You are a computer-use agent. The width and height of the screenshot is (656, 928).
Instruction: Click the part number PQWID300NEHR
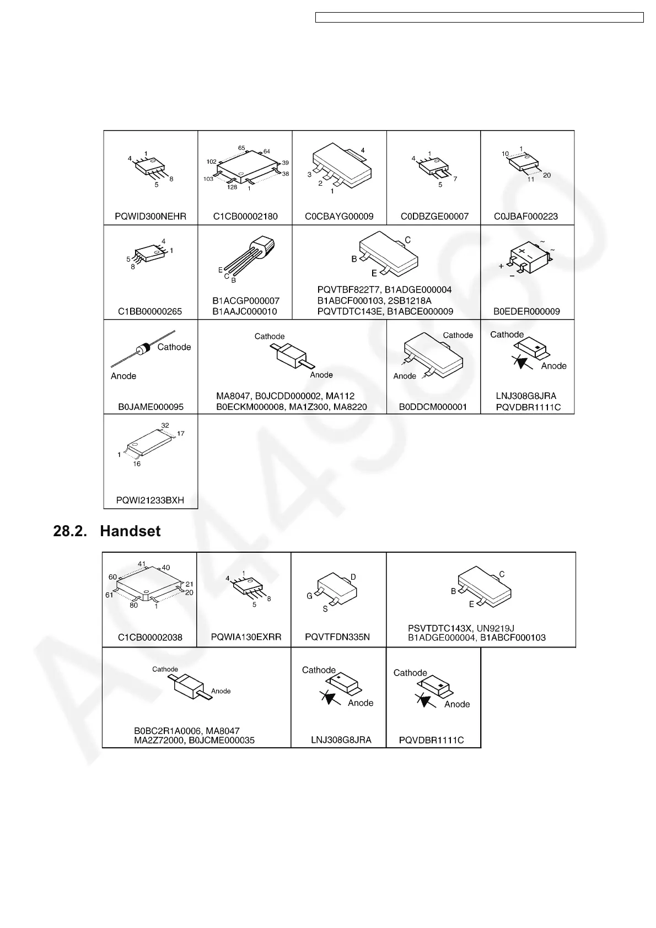(x=150, y=217)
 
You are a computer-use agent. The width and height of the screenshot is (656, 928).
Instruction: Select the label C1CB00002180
(x=245, y=217)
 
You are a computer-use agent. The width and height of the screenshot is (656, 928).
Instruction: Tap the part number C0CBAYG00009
(x=339, y=217)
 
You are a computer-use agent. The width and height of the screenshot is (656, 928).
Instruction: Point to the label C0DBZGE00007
(x=434, y=217)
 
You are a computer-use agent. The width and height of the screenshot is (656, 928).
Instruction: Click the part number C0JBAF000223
(x=528, y=217)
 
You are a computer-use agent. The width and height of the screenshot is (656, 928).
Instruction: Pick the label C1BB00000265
(x=150, y=311)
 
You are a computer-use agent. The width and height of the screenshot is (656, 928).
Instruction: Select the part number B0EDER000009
(x=526, y=311)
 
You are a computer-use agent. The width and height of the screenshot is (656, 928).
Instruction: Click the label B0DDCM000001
(x=433, y=407)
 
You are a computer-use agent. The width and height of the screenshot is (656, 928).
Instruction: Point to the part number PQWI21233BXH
(x=150, y=500)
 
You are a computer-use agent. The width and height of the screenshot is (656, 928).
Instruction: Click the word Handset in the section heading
(x=130, y=531)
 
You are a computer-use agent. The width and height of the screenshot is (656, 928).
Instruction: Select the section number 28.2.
(x=69, y=531)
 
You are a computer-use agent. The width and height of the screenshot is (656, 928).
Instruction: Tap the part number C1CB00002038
(x=150, y=638)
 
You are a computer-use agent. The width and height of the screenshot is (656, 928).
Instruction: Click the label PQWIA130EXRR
(x=246, y=637)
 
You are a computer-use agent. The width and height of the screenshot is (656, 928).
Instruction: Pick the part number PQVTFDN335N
(x=337, y=637)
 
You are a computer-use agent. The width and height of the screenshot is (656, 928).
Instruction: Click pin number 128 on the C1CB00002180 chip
(x=232, y=187)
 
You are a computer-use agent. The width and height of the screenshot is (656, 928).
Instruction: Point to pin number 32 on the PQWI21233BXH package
(x=165, y=425)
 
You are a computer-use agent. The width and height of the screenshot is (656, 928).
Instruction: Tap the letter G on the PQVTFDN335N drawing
(x=310, y=596)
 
